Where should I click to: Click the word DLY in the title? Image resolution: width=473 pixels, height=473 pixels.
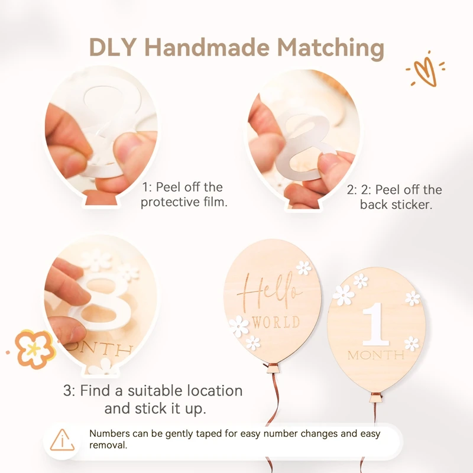[x=113, y=47]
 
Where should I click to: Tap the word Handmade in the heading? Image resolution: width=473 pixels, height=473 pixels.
[x=207, y=47]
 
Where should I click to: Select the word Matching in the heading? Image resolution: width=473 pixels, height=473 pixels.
[x=331, y=49]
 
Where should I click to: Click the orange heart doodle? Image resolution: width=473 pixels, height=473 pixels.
[x=425, y=70]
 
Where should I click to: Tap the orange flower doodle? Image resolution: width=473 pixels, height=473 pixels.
[x=34, y=349]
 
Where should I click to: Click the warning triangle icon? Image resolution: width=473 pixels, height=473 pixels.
[x=62, y=440]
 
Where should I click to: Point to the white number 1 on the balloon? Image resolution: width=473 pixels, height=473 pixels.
[x=375, y=323]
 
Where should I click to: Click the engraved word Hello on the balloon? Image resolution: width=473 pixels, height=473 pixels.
[x=270, y=291]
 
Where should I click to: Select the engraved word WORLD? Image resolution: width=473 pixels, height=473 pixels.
[x=276, y=322]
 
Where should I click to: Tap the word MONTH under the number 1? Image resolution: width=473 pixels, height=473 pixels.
[x=376, y=355]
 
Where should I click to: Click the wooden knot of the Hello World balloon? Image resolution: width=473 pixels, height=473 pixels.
[x=272, y=368]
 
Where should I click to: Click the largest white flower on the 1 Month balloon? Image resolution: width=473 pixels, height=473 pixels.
[x=344, y=294]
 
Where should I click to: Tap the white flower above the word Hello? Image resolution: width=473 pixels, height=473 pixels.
[x=303, y=268]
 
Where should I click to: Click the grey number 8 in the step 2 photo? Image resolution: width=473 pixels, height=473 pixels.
[x=304, y=145]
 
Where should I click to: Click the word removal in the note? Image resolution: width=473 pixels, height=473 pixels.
[x=108, y=445]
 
